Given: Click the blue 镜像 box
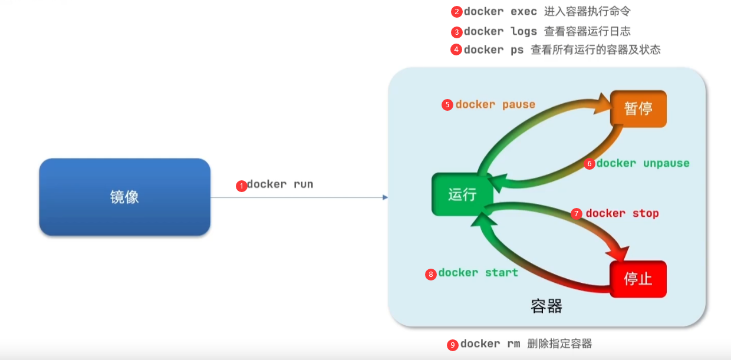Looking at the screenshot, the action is (x=124, y=197).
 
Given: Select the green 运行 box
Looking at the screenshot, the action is (x=462, y=194).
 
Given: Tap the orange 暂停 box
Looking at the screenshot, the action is (x=638, y=108).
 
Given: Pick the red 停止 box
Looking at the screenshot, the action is (x=638, y=279).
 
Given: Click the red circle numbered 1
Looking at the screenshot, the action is (x=242, y=186).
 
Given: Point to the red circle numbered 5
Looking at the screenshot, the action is (x=447, y=105).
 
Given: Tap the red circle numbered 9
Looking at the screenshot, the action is (x=452, y=345).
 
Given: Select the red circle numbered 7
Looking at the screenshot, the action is (x=577, y=214).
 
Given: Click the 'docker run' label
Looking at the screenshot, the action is (x=280, y=184).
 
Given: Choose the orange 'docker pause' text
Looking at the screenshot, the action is (x=495, y=105).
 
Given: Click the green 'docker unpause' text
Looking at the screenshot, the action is (x=643, y=163).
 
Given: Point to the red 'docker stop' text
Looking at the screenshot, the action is (x=623, y=213).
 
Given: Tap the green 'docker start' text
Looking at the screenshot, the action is (x=478, y=272).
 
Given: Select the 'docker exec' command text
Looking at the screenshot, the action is (x=500, y=12).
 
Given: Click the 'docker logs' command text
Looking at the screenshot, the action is (x=500, y=32).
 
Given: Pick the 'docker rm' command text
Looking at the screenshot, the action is (x=490, y=344).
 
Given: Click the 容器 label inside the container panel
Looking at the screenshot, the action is (x=546, y=306).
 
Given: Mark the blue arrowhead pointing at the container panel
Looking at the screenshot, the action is (x=385, y=197).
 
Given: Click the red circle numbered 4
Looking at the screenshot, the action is (x=456, y=50).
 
